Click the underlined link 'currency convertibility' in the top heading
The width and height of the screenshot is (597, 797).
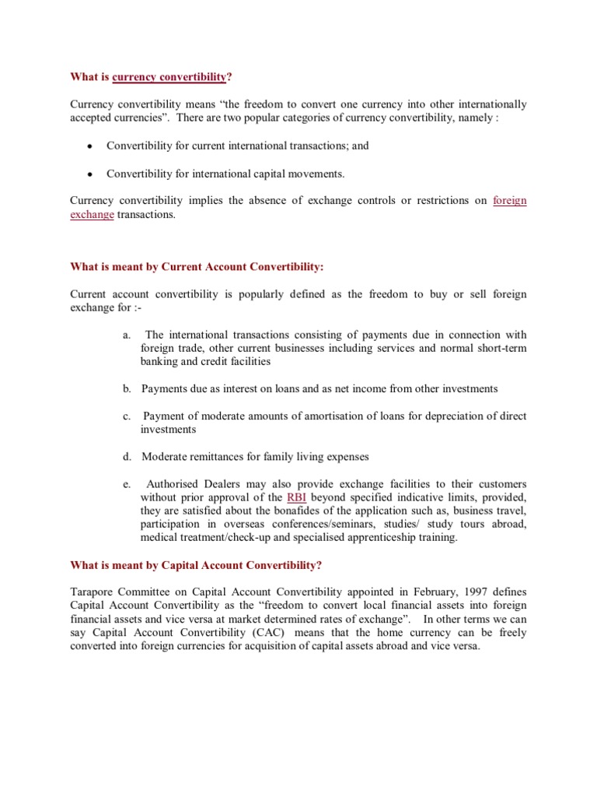click(x=169, y=77)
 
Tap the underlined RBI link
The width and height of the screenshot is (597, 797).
click(x=296, y=497)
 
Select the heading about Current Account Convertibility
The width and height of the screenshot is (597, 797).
click(x=197, y=267)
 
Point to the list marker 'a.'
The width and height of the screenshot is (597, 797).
click(x=126, y=334)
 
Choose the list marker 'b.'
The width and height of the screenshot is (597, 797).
click(x=126, y=388)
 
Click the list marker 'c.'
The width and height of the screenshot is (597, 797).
click(x=126, y=416)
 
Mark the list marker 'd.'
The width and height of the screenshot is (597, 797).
click(x=126, y=457)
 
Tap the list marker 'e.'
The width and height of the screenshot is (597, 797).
click(x=126, y=484)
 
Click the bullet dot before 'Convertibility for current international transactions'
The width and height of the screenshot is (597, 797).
click(x=91, y=146)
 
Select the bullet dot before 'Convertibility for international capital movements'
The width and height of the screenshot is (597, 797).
click(x=91, y=174)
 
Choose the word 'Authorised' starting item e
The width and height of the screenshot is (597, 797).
click(x=173, y=484)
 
